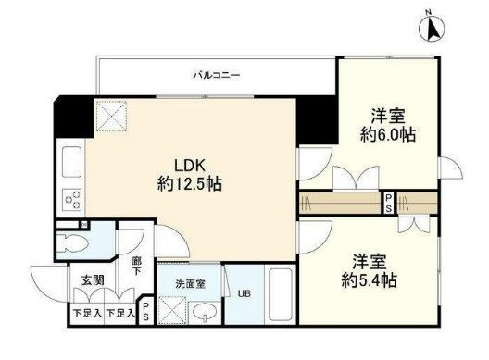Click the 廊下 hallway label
(136, 267)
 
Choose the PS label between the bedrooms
(390, 204)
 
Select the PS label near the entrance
(146, 310)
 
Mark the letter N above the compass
(429, 10)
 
